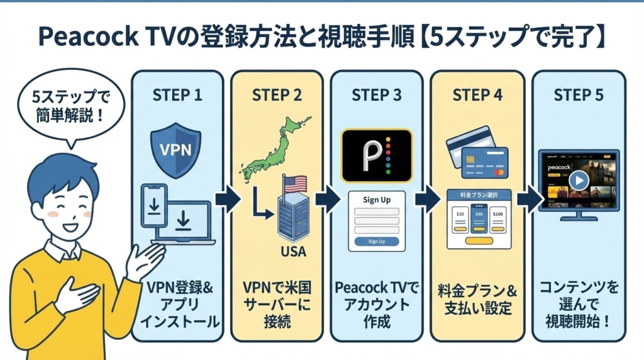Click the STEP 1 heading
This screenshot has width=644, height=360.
(177, 95)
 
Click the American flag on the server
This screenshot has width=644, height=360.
(294, 184)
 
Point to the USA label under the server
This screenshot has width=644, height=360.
(291, 252)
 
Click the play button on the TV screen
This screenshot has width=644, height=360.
(579, 180)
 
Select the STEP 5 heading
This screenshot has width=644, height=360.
(579, 95)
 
